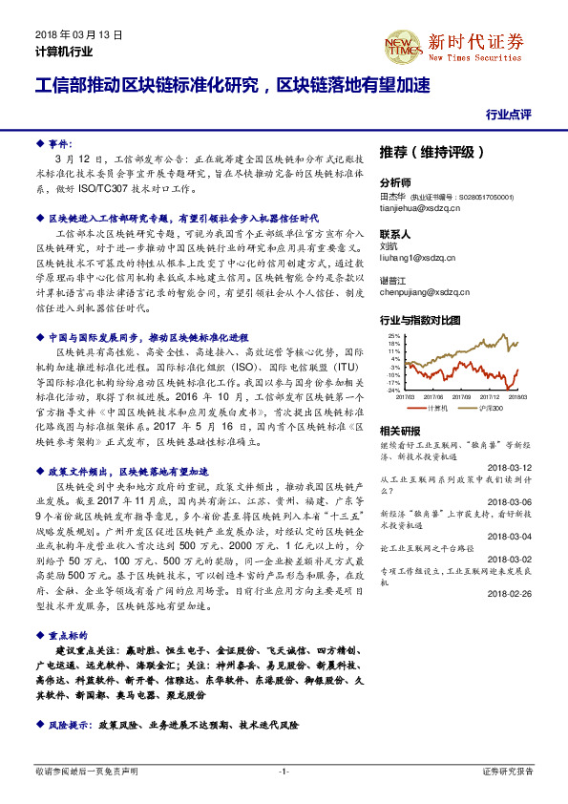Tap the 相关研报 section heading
point(399,432)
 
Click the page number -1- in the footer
point(284,771)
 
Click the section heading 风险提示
point(68,725)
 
